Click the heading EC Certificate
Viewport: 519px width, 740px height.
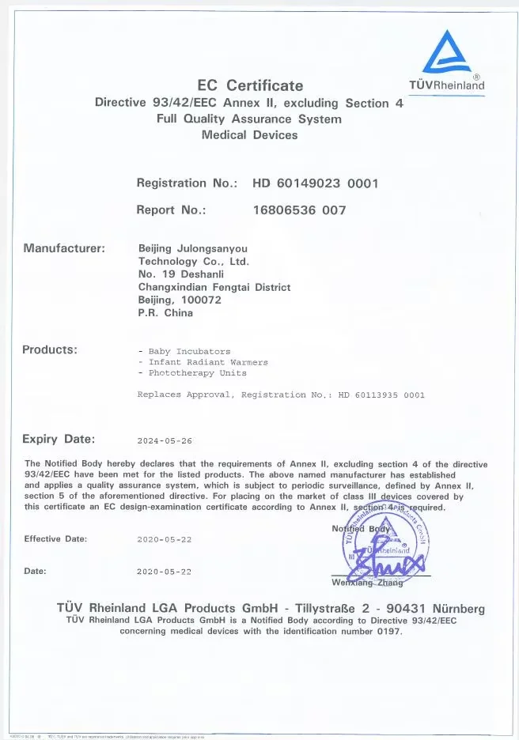(x=250, y=85)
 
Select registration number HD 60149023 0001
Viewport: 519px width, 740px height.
(x=316, y=183)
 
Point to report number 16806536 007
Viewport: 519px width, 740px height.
(x=299, y=210)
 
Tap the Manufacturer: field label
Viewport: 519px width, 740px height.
(x=64, y=248)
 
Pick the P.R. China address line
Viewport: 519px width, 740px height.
(x=165, y=313)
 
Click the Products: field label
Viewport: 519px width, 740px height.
(x=50, y=349)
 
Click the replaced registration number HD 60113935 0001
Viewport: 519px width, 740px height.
(x=381, y=395)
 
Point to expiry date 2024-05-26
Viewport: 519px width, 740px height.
(x=165, y=441)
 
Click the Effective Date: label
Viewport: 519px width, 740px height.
(x=55, y=539)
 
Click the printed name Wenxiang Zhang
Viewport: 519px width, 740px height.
(x=367, y=583)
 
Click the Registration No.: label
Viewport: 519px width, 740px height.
(x=187, y=183)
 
